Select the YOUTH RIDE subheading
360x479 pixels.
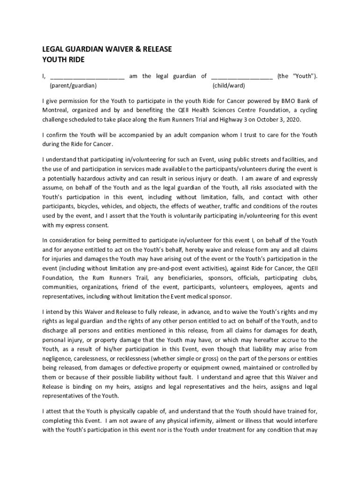click(64, 59)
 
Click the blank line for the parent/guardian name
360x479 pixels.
click(87, 77)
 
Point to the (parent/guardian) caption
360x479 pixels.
click(73, 86)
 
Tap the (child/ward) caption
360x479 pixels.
click(229, 86)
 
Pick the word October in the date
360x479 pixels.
click(265, 119)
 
